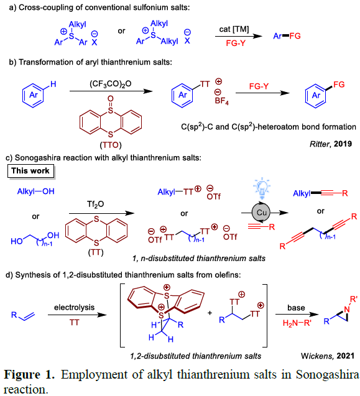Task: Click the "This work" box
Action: click(x=31, y=171)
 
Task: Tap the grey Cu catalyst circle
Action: click(x=261, y=213)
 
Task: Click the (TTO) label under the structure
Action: click(x=111, y=145)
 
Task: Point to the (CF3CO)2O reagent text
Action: click(x=111, y=83)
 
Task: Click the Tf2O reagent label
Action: click(x=95, y=204)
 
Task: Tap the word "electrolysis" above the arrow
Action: click(x=74, y=307)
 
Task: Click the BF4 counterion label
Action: click(x=221, y=101)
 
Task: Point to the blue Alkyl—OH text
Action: click(x=35, y=191)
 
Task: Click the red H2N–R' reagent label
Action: click(x=297, y=323)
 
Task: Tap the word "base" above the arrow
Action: click(x=296, y=308)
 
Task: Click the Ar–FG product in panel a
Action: click(x=287, y=36)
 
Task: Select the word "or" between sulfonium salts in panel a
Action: click(x=121, y=31)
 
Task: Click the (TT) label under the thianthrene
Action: click(x=96, y=252)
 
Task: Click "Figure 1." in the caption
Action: click(x=29, y=374)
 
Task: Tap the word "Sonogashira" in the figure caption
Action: click(x=328, y=375)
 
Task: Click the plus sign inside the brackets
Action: click(x=210, y=313)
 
